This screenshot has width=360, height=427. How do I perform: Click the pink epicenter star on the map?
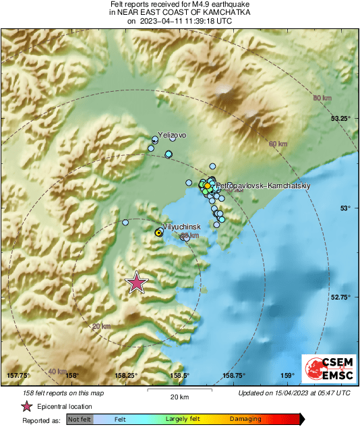[137, 283]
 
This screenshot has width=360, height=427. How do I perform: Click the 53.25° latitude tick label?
[340, 119]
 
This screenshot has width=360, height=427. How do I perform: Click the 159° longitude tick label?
[288, 376]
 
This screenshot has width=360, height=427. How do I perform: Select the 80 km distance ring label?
[322, 99]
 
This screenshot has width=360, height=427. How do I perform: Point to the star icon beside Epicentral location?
[27, 407]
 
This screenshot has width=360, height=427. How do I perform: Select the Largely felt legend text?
[181, 420]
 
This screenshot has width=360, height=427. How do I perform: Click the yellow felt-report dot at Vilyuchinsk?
[158, 232]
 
